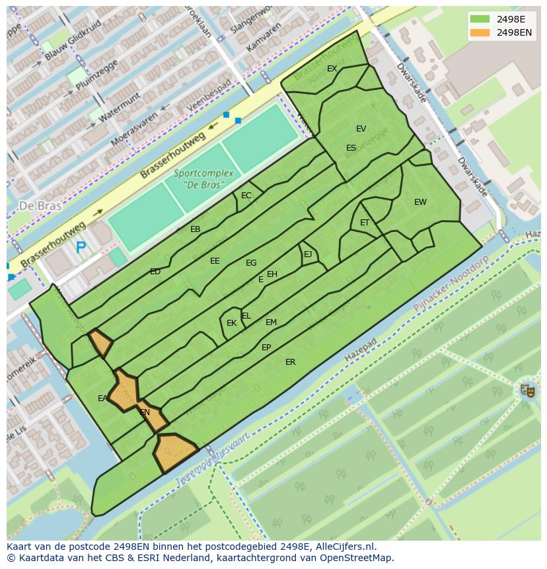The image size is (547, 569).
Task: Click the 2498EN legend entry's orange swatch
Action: point(481,32)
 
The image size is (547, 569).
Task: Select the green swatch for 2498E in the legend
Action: point(481,19)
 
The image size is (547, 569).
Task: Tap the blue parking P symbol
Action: point(81,248)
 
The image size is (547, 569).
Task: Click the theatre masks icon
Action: point(527,390)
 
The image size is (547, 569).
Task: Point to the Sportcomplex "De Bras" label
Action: point(203,178)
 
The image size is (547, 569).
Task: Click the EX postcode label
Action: point(332,69)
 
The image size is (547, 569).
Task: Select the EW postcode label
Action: point(420,202)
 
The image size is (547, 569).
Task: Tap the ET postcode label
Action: point(365,223)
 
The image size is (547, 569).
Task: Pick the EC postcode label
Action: point(246,196)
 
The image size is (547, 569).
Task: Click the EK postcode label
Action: point(231,323)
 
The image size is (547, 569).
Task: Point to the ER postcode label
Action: point(290,362)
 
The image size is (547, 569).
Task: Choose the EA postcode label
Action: point(102,398)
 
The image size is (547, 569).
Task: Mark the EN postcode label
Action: point(145,412)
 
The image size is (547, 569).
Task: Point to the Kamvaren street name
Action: point(259,42)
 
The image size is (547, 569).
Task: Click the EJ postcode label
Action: point(308,254)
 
